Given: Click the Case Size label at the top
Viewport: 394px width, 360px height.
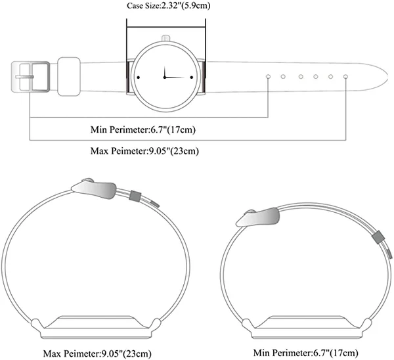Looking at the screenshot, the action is (x=168, y=5).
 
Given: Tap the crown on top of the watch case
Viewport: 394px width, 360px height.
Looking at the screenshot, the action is (x=166, y=38).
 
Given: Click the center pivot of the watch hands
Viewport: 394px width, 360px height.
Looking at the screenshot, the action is (x=165, y=77).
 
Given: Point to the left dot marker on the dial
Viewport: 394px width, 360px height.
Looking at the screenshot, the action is (x=138, y=78).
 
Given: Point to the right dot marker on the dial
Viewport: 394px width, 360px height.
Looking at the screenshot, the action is (x=192, y=78).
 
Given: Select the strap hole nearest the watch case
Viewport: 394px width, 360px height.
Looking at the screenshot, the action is (x=268, y=76).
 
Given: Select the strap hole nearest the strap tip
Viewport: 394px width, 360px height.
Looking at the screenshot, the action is (x=345, y=76).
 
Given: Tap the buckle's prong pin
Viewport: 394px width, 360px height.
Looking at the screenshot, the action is (x=24, y=77).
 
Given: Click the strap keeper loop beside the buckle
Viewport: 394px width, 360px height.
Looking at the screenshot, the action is (x=69, y=76).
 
